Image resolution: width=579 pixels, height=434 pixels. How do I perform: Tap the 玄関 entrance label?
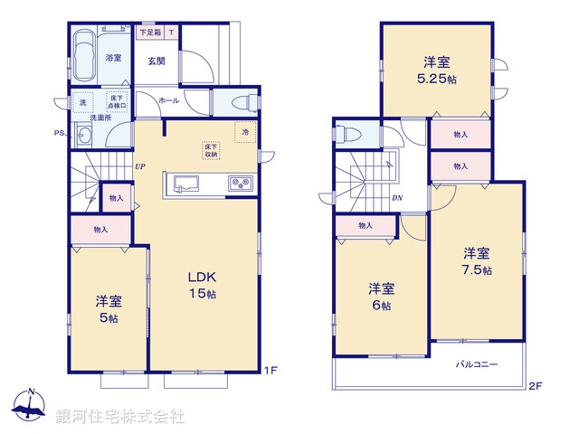pyautogui.click(x=156, y=61)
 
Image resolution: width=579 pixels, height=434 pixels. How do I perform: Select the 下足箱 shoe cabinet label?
pyautogui.click(x=150, y=32)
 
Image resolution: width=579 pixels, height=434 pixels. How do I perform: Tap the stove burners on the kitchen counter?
pyautogui.click(x=242, y=184)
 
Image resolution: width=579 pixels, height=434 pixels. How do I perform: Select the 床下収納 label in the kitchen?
pyautogui.click(x=210, y=150)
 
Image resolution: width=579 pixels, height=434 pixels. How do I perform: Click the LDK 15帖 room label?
pyautogui.click(x=202, y=285)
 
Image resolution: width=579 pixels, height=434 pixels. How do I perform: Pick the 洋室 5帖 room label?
pyautogui.click(x=109, y=310)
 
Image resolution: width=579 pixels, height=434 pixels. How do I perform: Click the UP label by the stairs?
pyautogui.click(x=140, y=166)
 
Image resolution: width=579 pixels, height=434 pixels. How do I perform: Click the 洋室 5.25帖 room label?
pyautogui.click(x=437, y=70)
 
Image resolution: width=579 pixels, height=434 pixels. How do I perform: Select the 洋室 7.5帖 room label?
pyautogui.click(x=477, y=260)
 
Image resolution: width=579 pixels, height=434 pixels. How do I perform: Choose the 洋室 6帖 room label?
pyautogui.click(x=381, y=297)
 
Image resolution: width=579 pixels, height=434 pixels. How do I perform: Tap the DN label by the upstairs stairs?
pyautogui.click(x=397, y=199)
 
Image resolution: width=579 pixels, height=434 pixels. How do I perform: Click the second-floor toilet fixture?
pyautogui.click(x=346, y=136)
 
